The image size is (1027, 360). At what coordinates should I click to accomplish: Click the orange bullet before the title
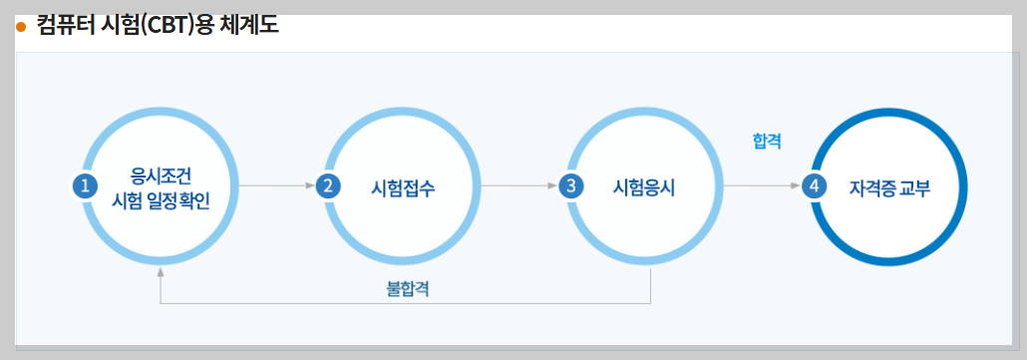click(20, 27)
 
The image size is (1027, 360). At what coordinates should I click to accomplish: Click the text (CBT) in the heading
click(170, 25)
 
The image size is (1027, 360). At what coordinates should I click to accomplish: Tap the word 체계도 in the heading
click(250, 25)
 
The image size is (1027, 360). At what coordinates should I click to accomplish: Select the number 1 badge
click(86, 185)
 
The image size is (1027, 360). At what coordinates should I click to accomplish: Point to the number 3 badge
click(569, 185)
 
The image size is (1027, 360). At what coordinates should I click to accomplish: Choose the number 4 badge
click(816, 185)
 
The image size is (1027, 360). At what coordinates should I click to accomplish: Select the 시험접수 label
click(403, 186)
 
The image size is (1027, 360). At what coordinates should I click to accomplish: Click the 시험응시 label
click(644, 186)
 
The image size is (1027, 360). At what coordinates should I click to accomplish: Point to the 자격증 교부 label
click(890, 186)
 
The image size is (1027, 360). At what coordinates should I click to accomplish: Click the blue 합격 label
click(767, 143)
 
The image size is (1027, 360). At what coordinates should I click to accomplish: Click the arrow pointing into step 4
click(763, 185)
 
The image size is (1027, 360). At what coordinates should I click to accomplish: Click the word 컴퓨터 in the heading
click(62, 25)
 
